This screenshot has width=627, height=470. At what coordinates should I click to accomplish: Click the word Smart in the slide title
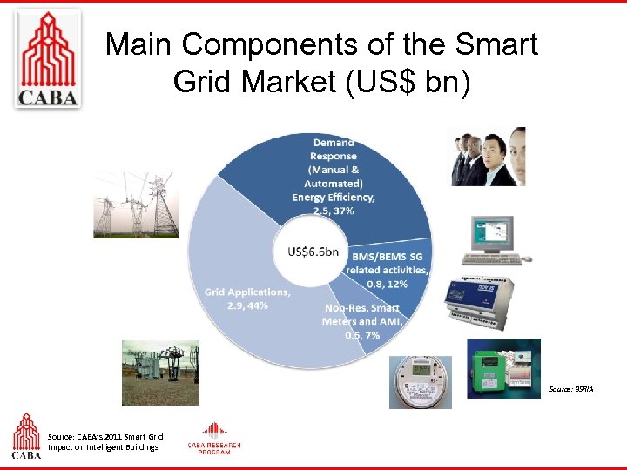[492, 44]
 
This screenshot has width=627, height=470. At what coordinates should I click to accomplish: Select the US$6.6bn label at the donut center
[313, 252]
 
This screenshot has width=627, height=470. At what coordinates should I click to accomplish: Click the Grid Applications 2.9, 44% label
[247, 299]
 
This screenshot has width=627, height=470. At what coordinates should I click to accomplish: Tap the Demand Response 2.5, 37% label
[334, 177]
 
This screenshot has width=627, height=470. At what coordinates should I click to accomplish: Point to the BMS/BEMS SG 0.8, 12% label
[389, 270]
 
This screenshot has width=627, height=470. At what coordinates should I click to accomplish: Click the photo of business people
[488, 157]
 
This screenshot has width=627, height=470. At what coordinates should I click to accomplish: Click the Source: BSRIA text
[572, 389]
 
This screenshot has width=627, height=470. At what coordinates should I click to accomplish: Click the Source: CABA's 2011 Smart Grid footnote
[104, 441]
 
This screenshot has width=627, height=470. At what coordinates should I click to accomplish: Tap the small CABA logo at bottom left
[26, 435]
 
